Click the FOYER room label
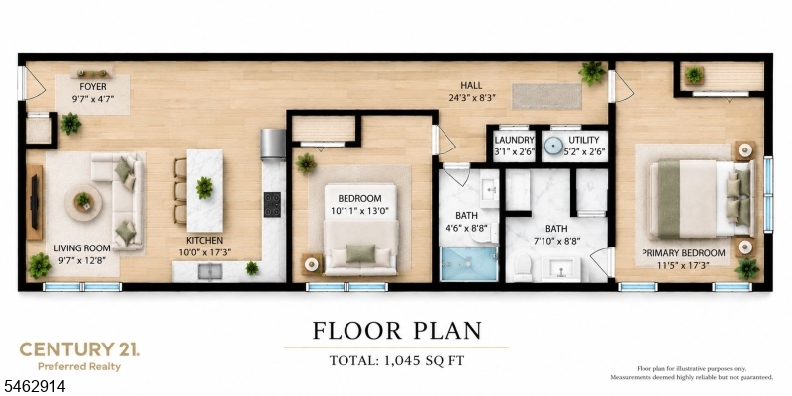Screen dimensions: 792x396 click(93, 87)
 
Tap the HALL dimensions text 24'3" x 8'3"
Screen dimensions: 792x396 click(471, 97)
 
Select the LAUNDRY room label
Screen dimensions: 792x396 click(515, 140)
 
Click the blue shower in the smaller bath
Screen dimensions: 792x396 click(469, 263)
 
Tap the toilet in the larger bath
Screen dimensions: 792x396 click(523, 267)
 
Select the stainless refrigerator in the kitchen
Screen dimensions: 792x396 click(273, 145)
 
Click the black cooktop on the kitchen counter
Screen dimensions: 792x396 click(272, 204)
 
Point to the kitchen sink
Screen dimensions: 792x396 click(209, 271)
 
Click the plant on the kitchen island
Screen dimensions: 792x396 click(204, 187)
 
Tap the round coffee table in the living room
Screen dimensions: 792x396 click(83, 202)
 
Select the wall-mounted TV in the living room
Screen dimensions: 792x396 click(34, 202)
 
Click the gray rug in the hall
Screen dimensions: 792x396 click(547, 96)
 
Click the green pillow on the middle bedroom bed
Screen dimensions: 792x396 click(360, 253)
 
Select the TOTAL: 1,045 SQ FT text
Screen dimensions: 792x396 click(397, 360)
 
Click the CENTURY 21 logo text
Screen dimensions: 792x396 click(79, 349)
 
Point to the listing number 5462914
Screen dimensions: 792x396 click(33, 387)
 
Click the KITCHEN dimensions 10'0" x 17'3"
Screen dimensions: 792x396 click(204, 251)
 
